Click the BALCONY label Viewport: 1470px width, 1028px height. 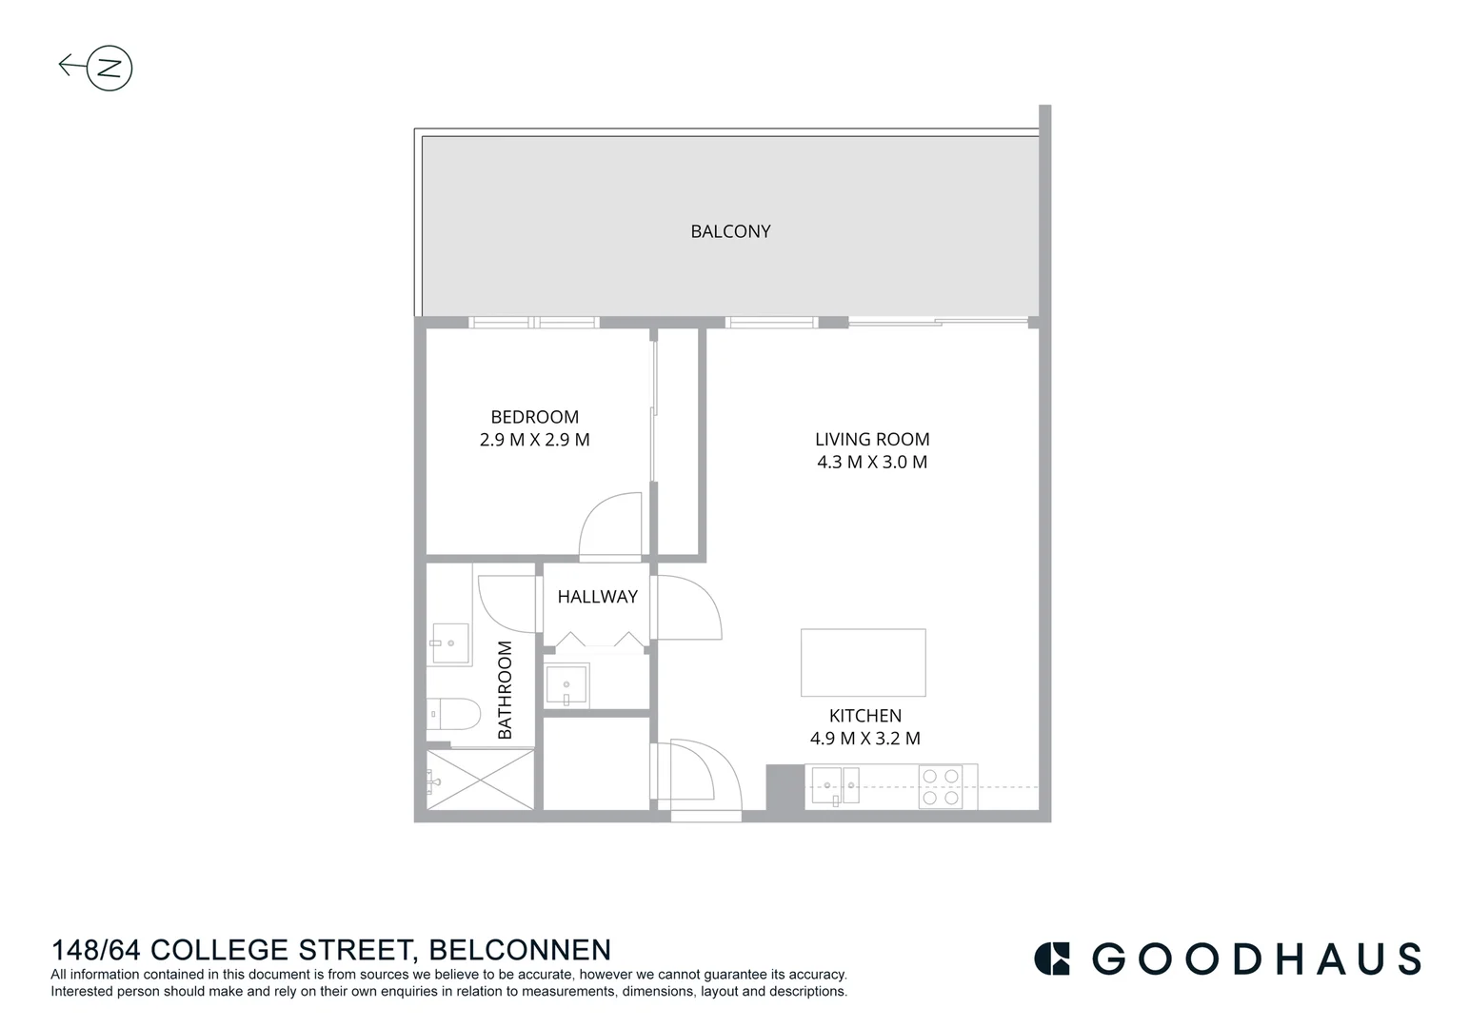tap(730, 231)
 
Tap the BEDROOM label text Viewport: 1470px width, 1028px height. tap(534, 417)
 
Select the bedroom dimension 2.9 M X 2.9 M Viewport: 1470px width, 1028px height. tap(534, 440)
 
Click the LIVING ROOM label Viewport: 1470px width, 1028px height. tap(872, 439)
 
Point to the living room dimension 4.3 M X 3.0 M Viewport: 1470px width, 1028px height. tap(872, 463)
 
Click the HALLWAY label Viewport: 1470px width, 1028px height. tap(597, 597)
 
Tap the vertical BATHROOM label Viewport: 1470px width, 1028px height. tap(505, 689)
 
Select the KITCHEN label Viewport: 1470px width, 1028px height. tap(864, 716)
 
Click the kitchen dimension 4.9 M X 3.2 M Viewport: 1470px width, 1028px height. tap(864, 739)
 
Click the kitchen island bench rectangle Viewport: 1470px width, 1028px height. tap(863, 662)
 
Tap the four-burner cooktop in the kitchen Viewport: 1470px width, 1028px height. tap(940, 787)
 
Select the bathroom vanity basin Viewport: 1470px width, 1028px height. tap(448, 644)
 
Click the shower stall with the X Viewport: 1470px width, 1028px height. tap(480, 780)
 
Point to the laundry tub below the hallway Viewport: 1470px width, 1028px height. tap(566, 686)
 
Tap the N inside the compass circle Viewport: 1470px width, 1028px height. tap(109, 68)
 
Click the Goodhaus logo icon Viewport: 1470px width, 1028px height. tap(1052, 959)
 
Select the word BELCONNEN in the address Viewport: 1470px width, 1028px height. tap(520, 950)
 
